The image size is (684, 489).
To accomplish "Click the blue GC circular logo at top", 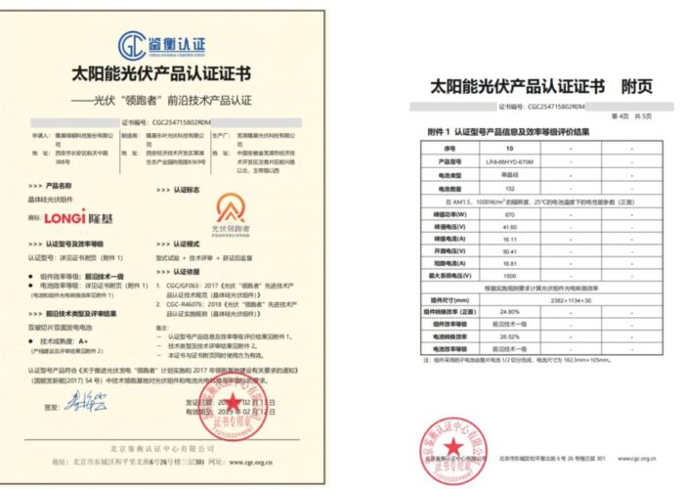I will tap(134, 43).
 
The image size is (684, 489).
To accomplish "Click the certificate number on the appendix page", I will tap(556, 103).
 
